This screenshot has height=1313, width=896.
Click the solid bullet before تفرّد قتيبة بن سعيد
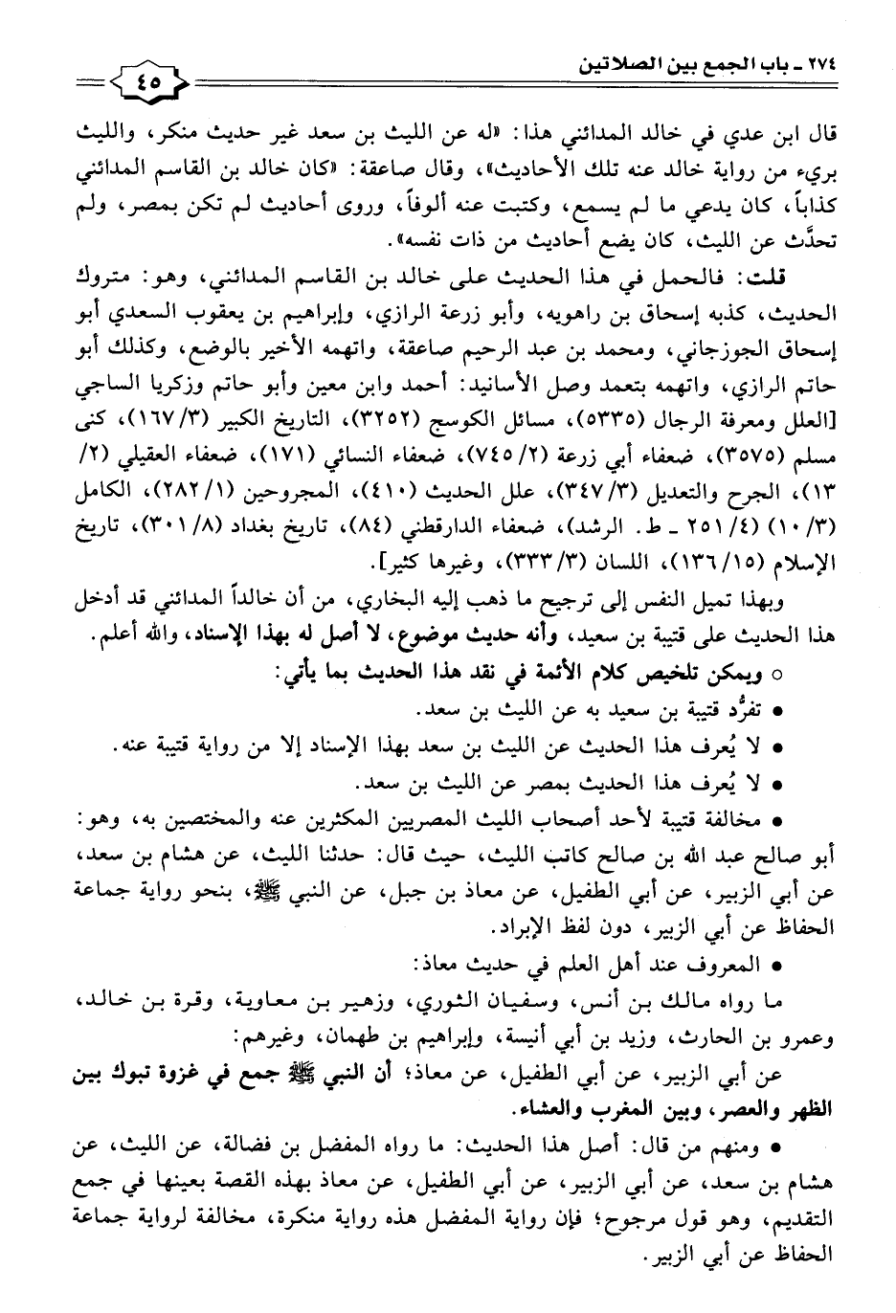777,710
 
